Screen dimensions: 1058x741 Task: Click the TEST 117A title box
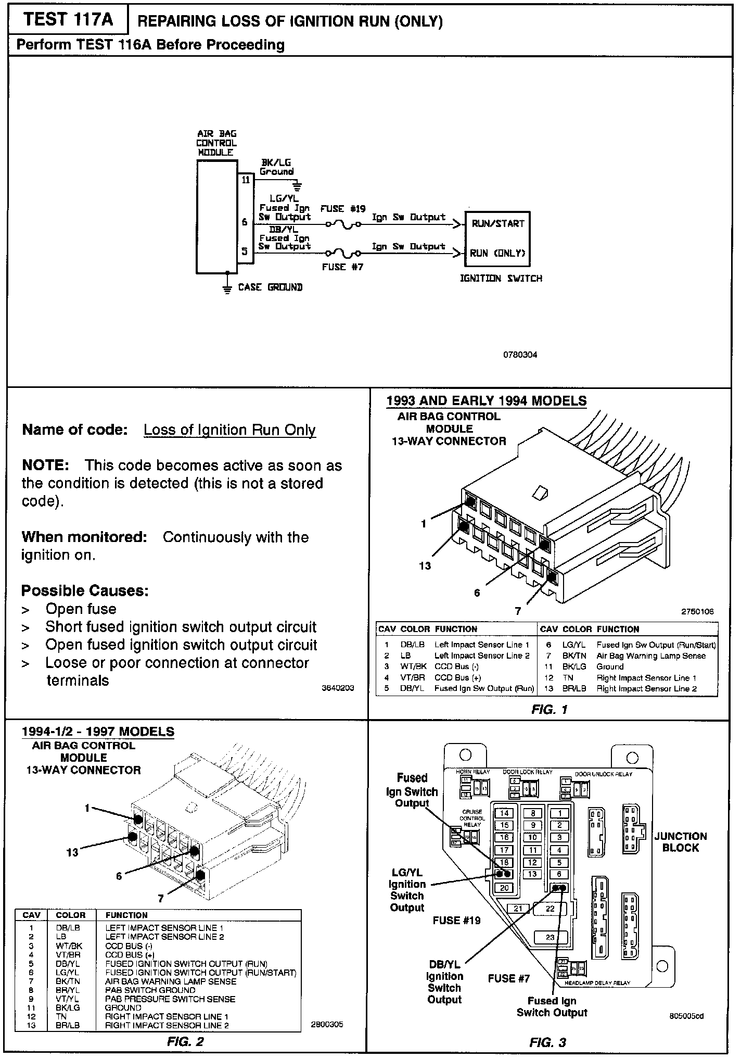click(68, 20)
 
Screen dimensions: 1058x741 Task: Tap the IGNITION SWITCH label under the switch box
click(501, 279)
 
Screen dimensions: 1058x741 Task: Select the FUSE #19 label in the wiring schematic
click(342, 209)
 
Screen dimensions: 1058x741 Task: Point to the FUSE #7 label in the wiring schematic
click(342, 267)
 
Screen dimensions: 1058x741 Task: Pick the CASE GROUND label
click(270, 287)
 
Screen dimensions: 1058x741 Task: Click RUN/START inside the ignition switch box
click(497, 224)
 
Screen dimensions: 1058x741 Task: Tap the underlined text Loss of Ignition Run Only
click(229, 430)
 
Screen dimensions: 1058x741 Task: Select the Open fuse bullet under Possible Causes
click(81, 609)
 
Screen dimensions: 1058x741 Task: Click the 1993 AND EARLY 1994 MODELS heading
click(486, 401)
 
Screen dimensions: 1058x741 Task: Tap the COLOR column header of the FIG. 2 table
click(71, 915)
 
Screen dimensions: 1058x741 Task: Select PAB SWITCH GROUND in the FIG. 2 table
click(150, 990)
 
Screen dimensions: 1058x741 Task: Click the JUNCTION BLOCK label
click(680, 842)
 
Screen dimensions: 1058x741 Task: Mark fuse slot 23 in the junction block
click(550, 937)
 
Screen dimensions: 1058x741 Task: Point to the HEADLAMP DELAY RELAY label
click(597, 983)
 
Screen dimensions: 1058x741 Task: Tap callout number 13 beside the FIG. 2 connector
click(72, 852)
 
